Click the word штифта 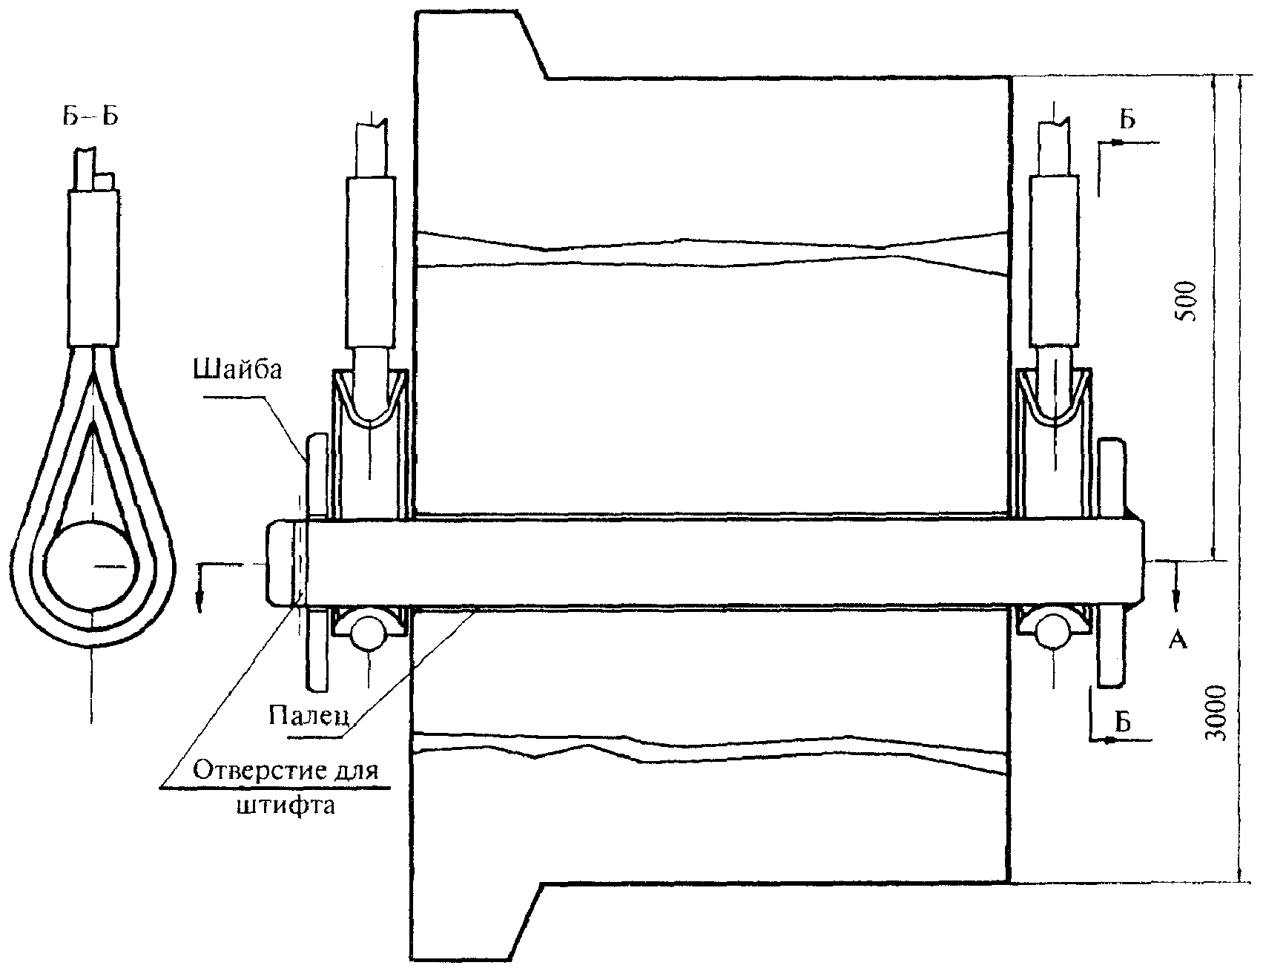tap(286, 805)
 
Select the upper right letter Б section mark tap(1127, 119)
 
